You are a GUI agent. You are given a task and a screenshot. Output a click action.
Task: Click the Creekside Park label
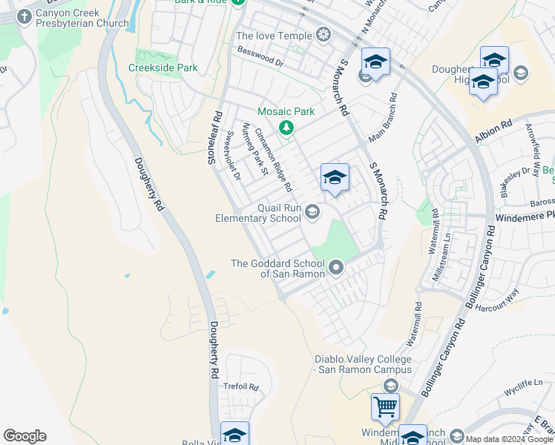tap(162, 67)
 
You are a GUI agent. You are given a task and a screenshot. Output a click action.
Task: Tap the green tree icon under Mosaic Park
tap(286, 128)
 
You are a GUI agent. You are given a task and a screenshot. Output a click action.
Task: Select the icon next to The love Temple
tap(323, 34)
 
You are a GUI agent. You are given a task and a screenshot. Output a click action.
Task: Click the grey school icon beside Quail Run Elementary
tap(312, 213)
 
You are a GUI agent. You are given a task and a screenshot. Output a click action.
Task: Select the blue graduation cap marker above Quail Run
tap(335, 178)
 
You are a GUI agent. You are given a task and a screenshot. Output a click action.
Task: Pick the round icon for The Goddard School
tap(336, 266)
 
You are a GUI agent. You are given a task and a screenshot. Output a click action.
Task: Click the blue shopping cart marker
tap(385, 406)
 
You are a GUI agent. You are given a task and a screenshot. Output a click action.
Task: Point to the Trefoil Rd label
tap(240, 387)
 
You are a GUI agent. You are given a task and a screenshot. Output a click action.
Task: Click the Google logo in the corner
tap(24, 436)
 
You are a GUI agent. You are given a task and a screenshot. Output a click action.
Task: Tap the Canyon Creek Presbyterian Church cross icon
tap(24, 16)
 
